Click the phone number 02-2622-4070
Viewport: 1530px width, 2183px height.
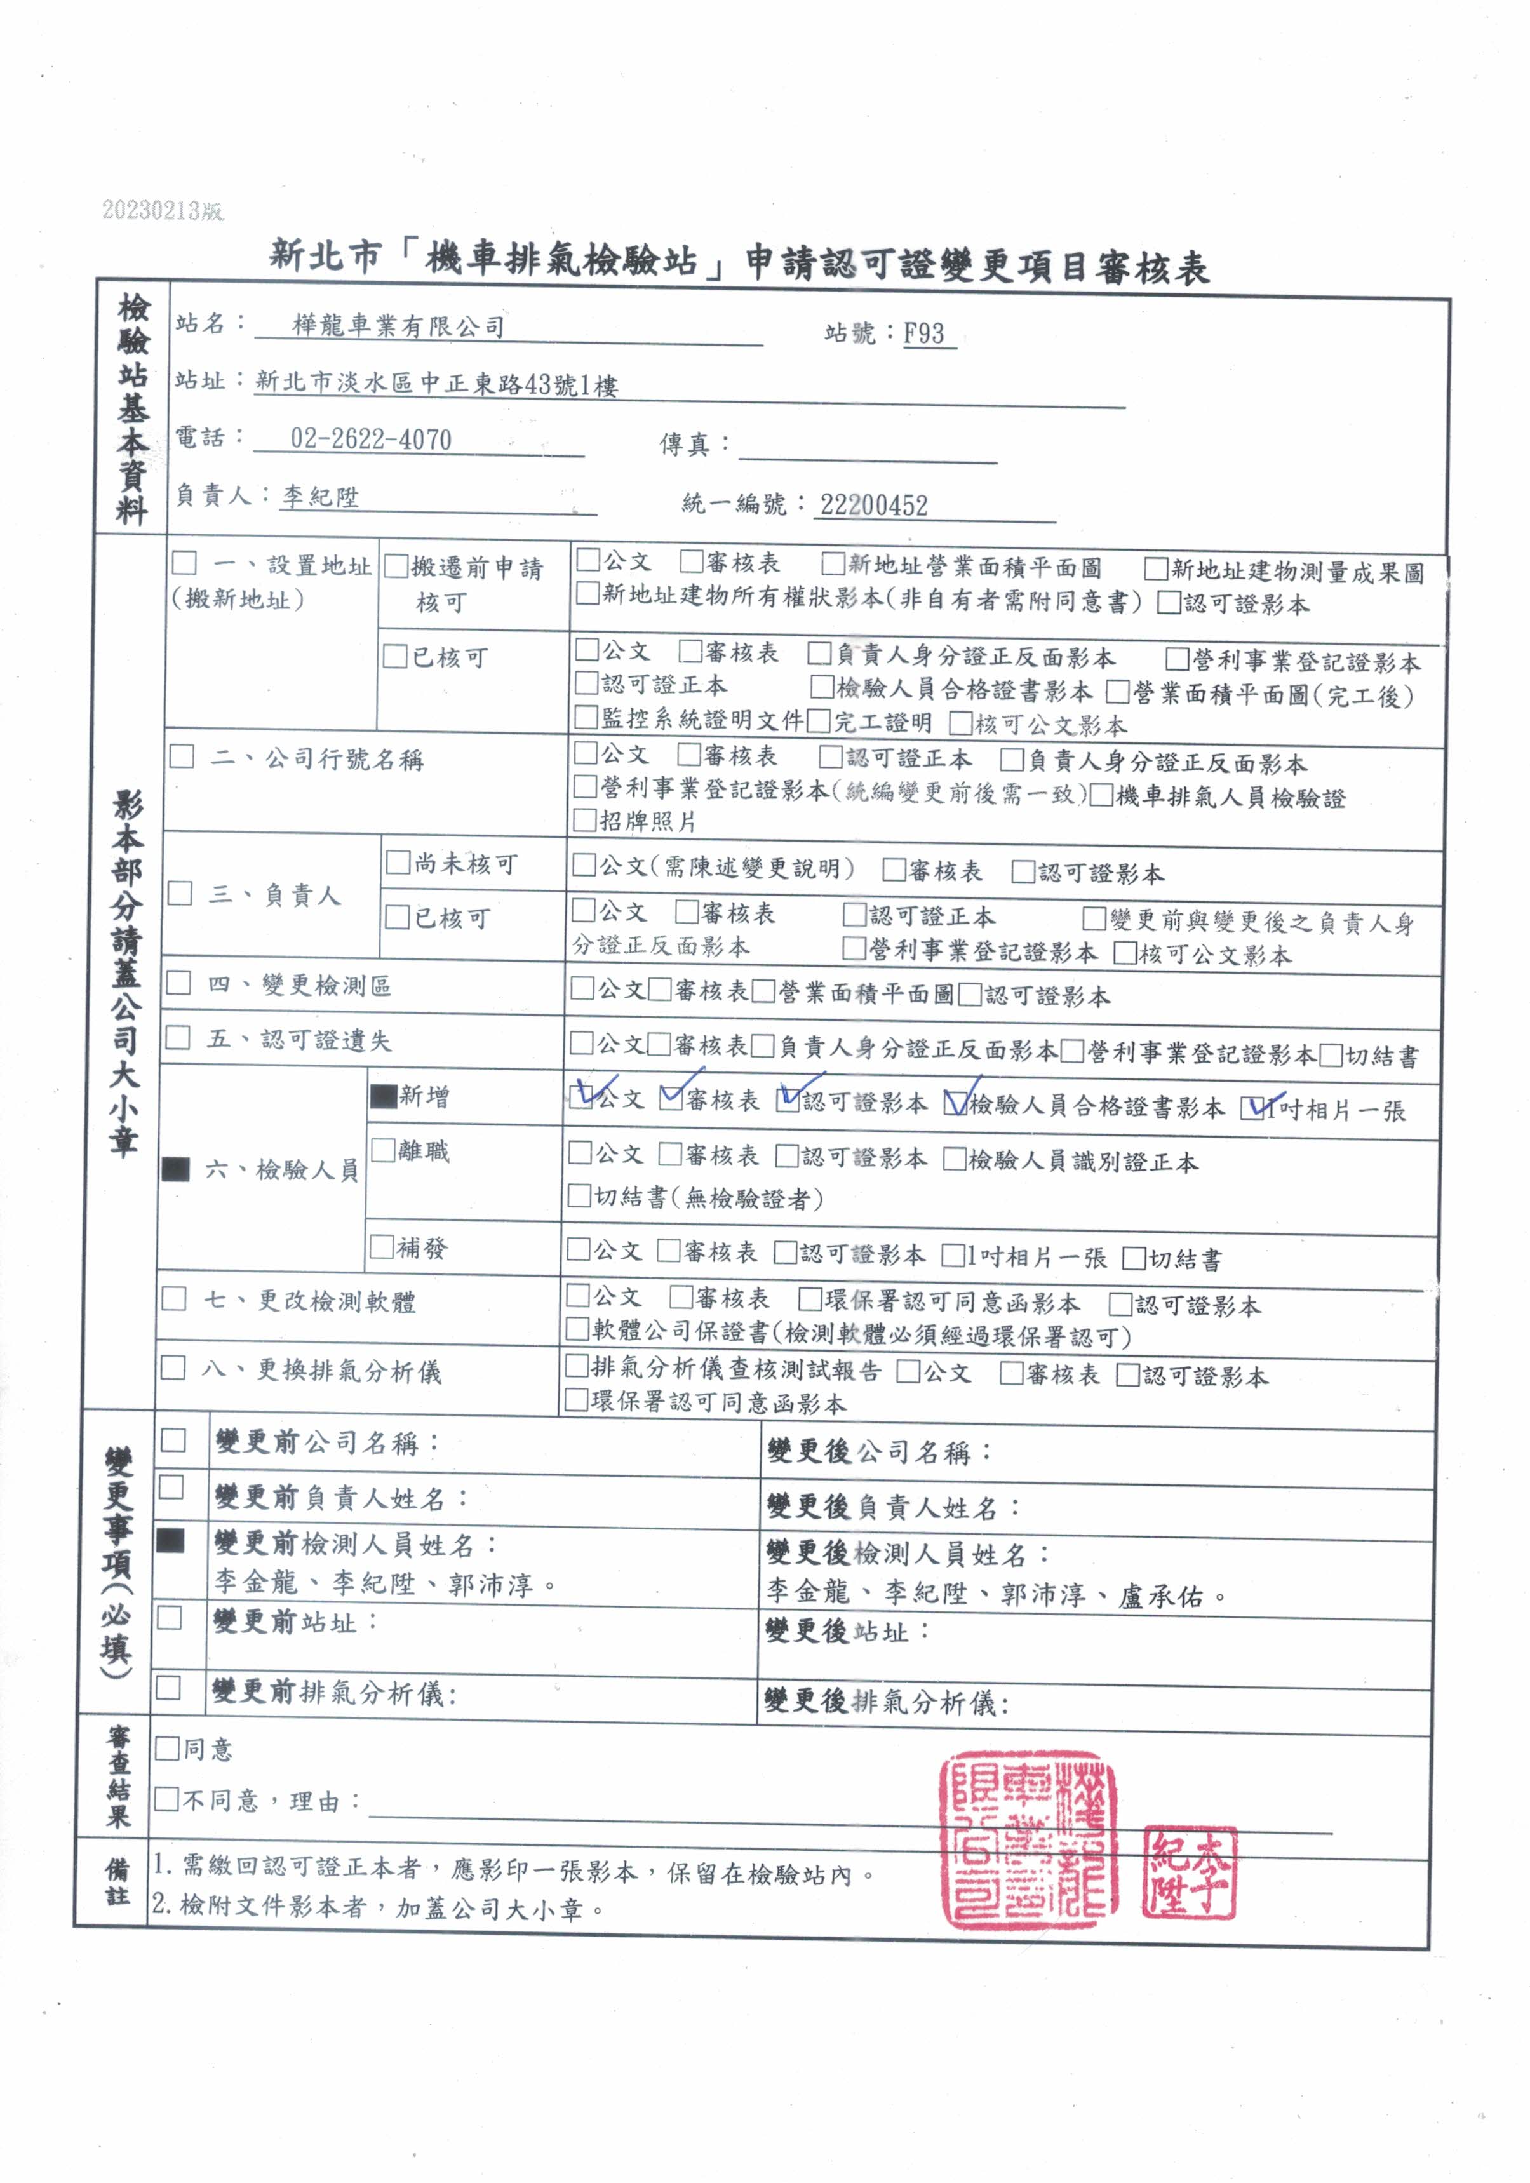click(x=371, y=440)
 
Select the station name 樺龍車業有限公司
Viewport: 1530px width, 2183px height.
click(x=398, y=326)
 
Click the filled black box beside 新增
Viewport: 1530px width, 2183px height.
click(x=383, y=1096)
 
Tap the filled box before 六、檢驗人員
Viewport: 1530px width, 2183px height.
click(x=176, y=1169)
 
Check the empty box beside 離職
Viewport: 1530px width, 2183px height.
click(x=382, y=1150)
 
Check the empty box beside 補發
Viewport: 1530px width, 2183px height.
click(x=381, y=1247)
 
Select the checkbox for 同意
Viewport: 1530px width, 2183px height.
click(x=168, y=1747)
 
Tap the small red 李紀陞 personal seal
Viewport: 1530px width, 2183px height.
click(x=1189, y=1871)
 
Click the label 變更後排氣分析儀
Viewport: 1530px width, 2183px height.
click(x=885, y=1701)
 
